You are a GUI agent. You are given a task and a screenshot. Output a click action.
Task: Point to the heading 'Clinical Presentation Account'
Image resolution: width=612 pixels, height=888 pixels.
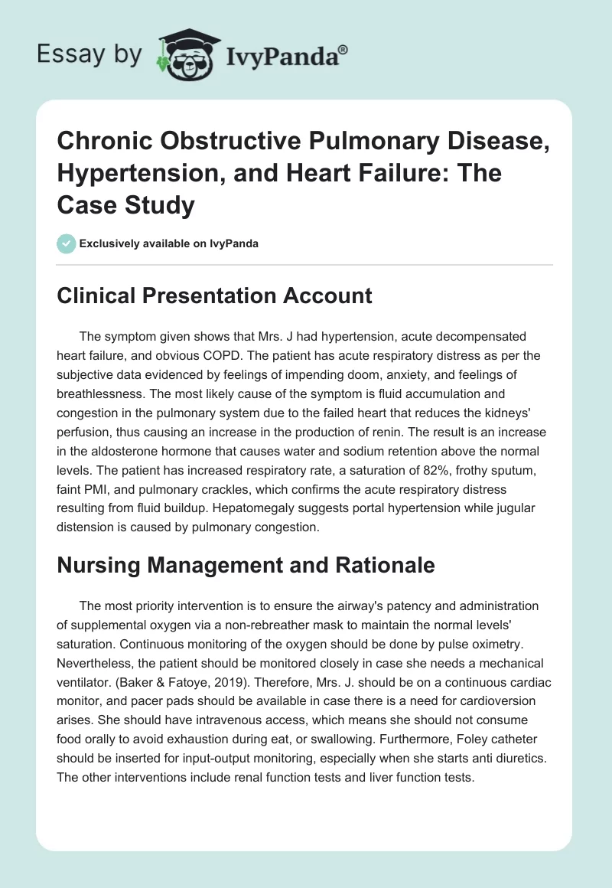point(214,295)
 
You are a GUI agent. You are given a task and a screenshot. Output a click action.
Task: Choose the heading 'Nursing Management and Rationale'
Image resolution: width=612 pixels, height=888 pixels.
point(246,565)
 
